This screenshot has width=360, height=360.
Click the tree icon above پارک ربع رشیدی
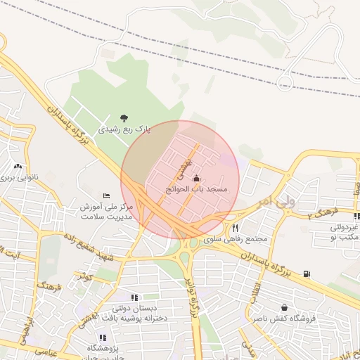(124, 118)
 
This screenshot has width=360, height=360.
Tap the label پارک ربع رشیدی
(124, 130)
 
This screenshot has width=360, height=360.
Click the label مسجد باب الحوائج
(197, 189)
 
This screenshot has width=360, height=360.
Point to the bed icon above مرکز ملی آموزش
(106, 195)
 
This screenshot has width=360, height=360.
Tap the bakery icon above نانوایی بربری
(17, 167)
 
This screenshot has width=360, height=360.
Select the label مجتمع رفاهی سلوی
(236, 239)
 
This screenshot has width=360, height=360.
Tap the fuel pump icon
(307, 274)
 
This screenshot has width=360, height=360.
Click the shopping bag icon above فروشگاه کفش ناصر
(284, 307)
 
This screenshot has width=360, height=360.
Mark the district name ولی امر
(274, 201)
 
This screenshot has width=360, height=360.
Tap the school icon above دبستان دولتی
(134, 297)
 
